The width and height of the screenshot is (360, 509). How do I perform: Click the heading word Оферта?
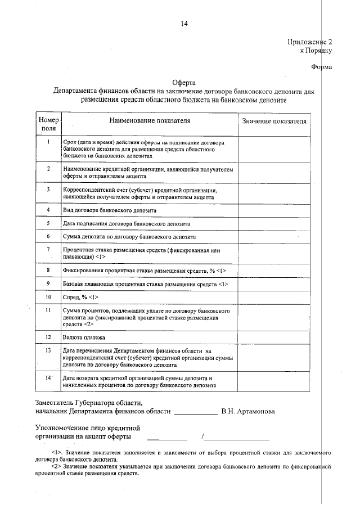click(183, 82)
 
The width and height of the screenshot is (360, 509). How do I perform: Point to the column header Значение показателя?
click(274, 121)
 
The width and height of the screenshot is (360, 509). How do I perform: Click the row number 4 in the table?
click(49, 210)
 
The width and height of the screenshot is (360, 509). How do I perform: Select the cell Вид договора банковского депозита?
click(110, 210)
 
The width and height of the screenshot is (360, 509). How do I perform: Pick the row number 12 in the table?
click(49, 337)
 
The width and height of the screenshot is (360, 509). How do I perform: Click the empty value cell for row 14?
click(274, 382)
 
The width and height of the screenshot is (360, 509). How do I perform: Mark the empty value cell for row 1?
click(274, 148)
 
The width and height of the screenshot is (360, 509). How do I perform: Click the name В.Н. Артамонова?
click(248, 411)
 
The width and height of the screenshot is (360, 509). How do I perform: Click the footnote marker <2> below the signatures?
click(55, 466)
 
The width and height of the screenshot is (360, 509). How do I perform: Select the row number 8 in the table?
click(49, 271)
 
